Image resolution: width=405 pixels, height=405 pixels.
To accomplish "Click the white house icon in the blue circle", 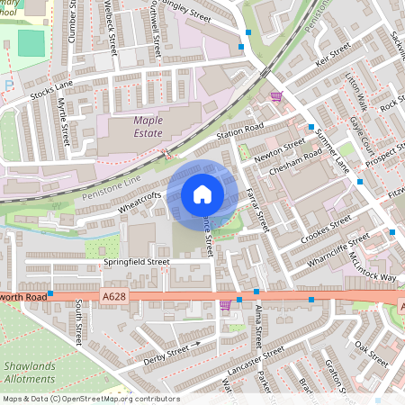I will (x=202, y=193).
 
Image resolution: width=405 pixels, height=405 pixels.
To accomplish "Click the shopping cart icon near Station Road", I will (x=276, y=94).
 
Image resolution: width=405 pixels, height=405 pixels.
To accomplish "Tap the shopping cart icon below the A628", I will (x=225, y=307).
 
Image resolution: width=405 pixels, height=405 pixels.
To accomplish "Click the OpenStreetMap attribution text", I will (x=90, y=399).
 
